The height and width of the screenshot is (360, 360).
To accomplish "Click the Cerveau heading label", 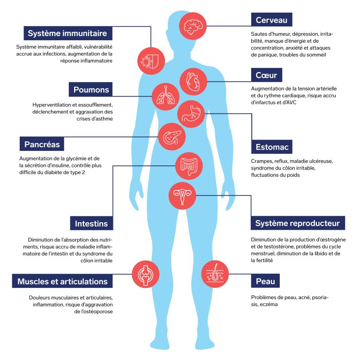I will (x=271, y=20).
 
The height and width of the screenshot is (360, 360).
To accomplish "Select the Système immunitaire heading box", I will (x=67, y=33).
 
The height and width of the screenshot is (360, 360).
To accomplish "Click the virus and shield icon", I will (x=151, y=59).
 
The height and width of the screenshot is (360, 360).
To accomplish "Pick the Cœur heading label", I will (x=266, y=75).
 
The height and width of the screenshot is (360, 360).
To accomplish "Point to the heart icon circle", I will (x=193, y=81).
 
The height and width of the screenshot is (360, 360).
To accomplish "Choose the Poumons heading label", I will (x=91, y=90).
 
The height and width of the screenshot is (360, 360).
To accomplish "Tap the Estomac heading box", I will (x=271, y=147).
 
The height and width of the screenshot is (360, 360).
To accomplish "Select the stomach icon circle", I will (x=191, y=113).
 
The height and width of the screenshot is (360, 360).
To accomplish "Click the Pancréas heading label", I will (x=42, y=143).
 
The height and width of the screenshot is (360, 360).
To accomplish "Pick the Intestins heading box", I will (x=91, y=224).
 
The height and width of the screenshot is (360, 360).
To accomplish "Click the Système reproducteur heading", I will (x=297, y=223).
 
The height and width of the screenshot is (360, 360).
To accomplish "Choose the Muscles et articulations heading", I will (x=62, y=281).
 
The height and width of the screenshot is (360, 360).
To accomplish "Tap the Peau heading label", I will (x=265, y=281).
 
